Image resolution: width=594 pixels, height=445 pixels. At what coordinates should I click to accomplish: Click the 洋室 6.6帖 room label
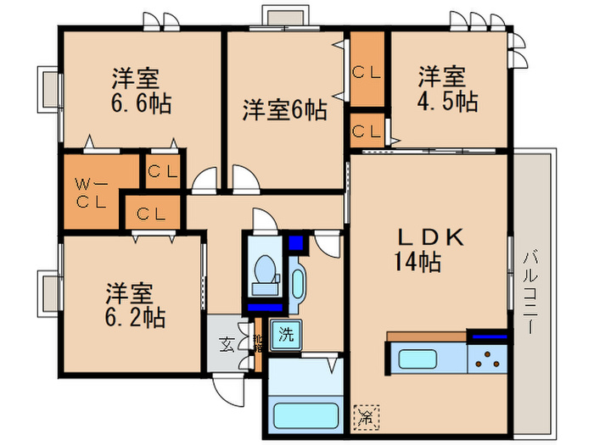(141, 91)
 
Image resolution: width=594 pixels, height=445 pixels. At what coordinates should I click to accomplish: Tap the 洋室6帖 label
(284, 109)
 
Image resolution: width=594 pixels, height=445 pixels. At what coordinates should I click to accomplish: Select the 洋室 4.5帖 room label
(445, 89)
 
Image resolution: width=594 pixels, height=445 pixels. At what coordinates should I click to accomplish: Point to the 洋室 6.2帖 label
(134, 307)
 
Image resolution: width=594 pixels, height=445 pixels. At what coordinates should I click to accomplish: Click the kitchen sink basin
(418, 358)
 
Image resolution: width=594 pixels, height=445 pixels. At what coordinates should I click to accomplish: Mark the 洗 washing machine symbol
(285, 333)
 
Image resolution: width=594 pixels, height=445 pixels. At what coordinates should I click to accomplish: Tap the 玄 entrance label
(227, 344)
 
